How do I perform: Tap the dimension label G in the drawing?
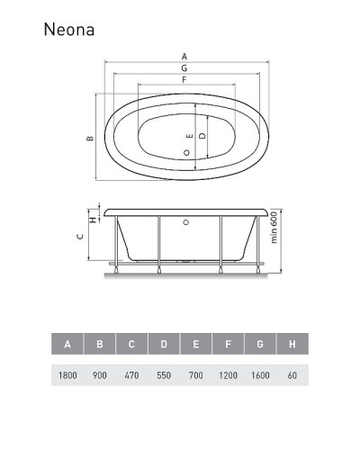pyautogui.click(x=184, y=68)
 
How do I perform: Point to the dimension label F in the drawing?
pyautogui.click(x=184, y=81)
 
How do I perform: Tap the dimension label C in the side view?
pyautogui.click(x=80, y=237)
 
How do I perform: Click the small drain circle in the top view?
pyautogui.click(x=186, y=153)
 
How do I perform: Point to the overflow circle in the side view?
pyautogui.click(x=186, y=220)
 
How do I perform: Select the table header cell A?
pyautogui.click(x=67, y=344)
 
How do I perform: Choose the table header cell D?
pyautogui.click(x=164, y=344)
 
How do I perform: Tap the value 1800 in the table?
pyautogui.click(x=67, y=374)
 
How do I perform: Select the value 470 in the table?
pyautogui.click(x=131, y=374)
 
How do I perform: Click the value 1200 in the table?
pyautogui.click(x=228, y=374)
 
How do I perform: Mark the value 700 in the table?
pyautogui.click(x=196, y=374)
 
